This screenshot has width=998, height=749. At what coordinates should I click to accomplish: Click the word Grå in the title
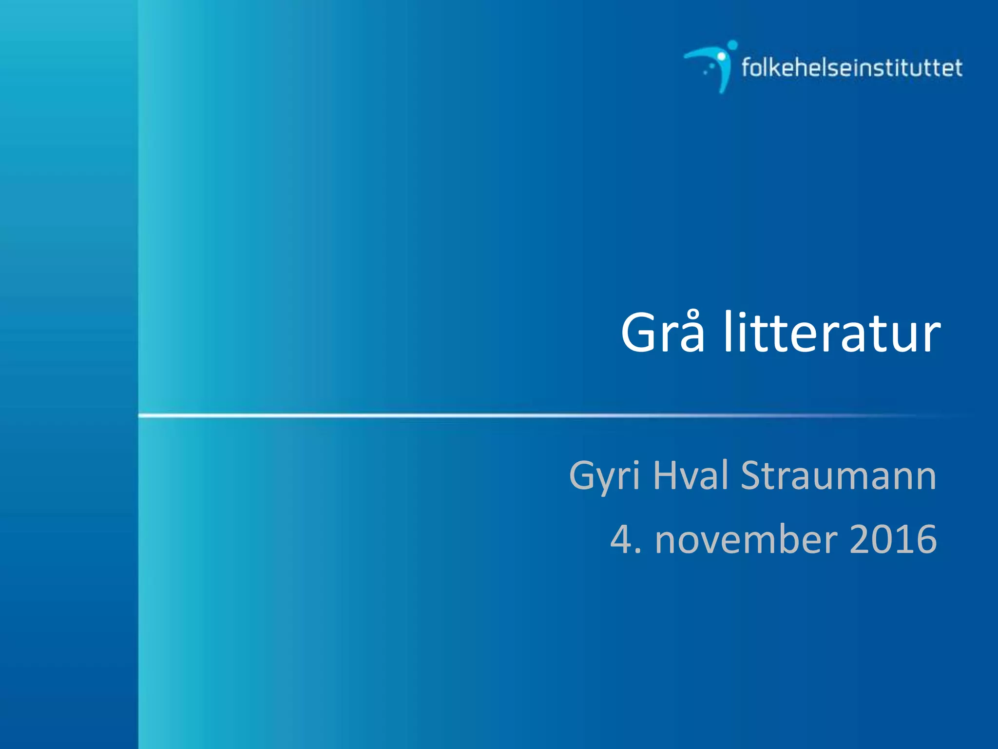pyautogui.click(x=663, y=333)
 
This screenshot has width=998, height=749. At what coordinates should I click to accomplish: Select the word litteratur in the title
pyautogui.click(x=832, y=333)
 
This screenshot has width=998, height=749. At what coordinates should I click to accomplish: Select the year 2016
pyautogui.click(x=893, y=539)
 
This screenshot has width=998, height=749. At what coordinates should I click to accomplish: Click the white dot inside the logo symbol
pyautogui.click(x=721, y=57)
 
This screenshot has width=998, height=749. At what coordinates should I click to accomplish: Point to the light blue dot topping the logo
pyautogui.click(x=732, y=45)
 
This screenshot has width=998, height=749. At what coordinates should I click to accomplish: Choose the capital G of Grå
pyautogui.click(x=639, y=333)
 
